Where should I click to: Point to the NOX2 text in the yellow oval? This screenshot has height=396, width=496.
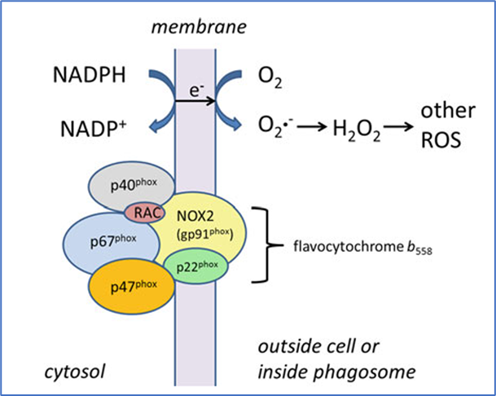pyautogui.click(x=204, y=218)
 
